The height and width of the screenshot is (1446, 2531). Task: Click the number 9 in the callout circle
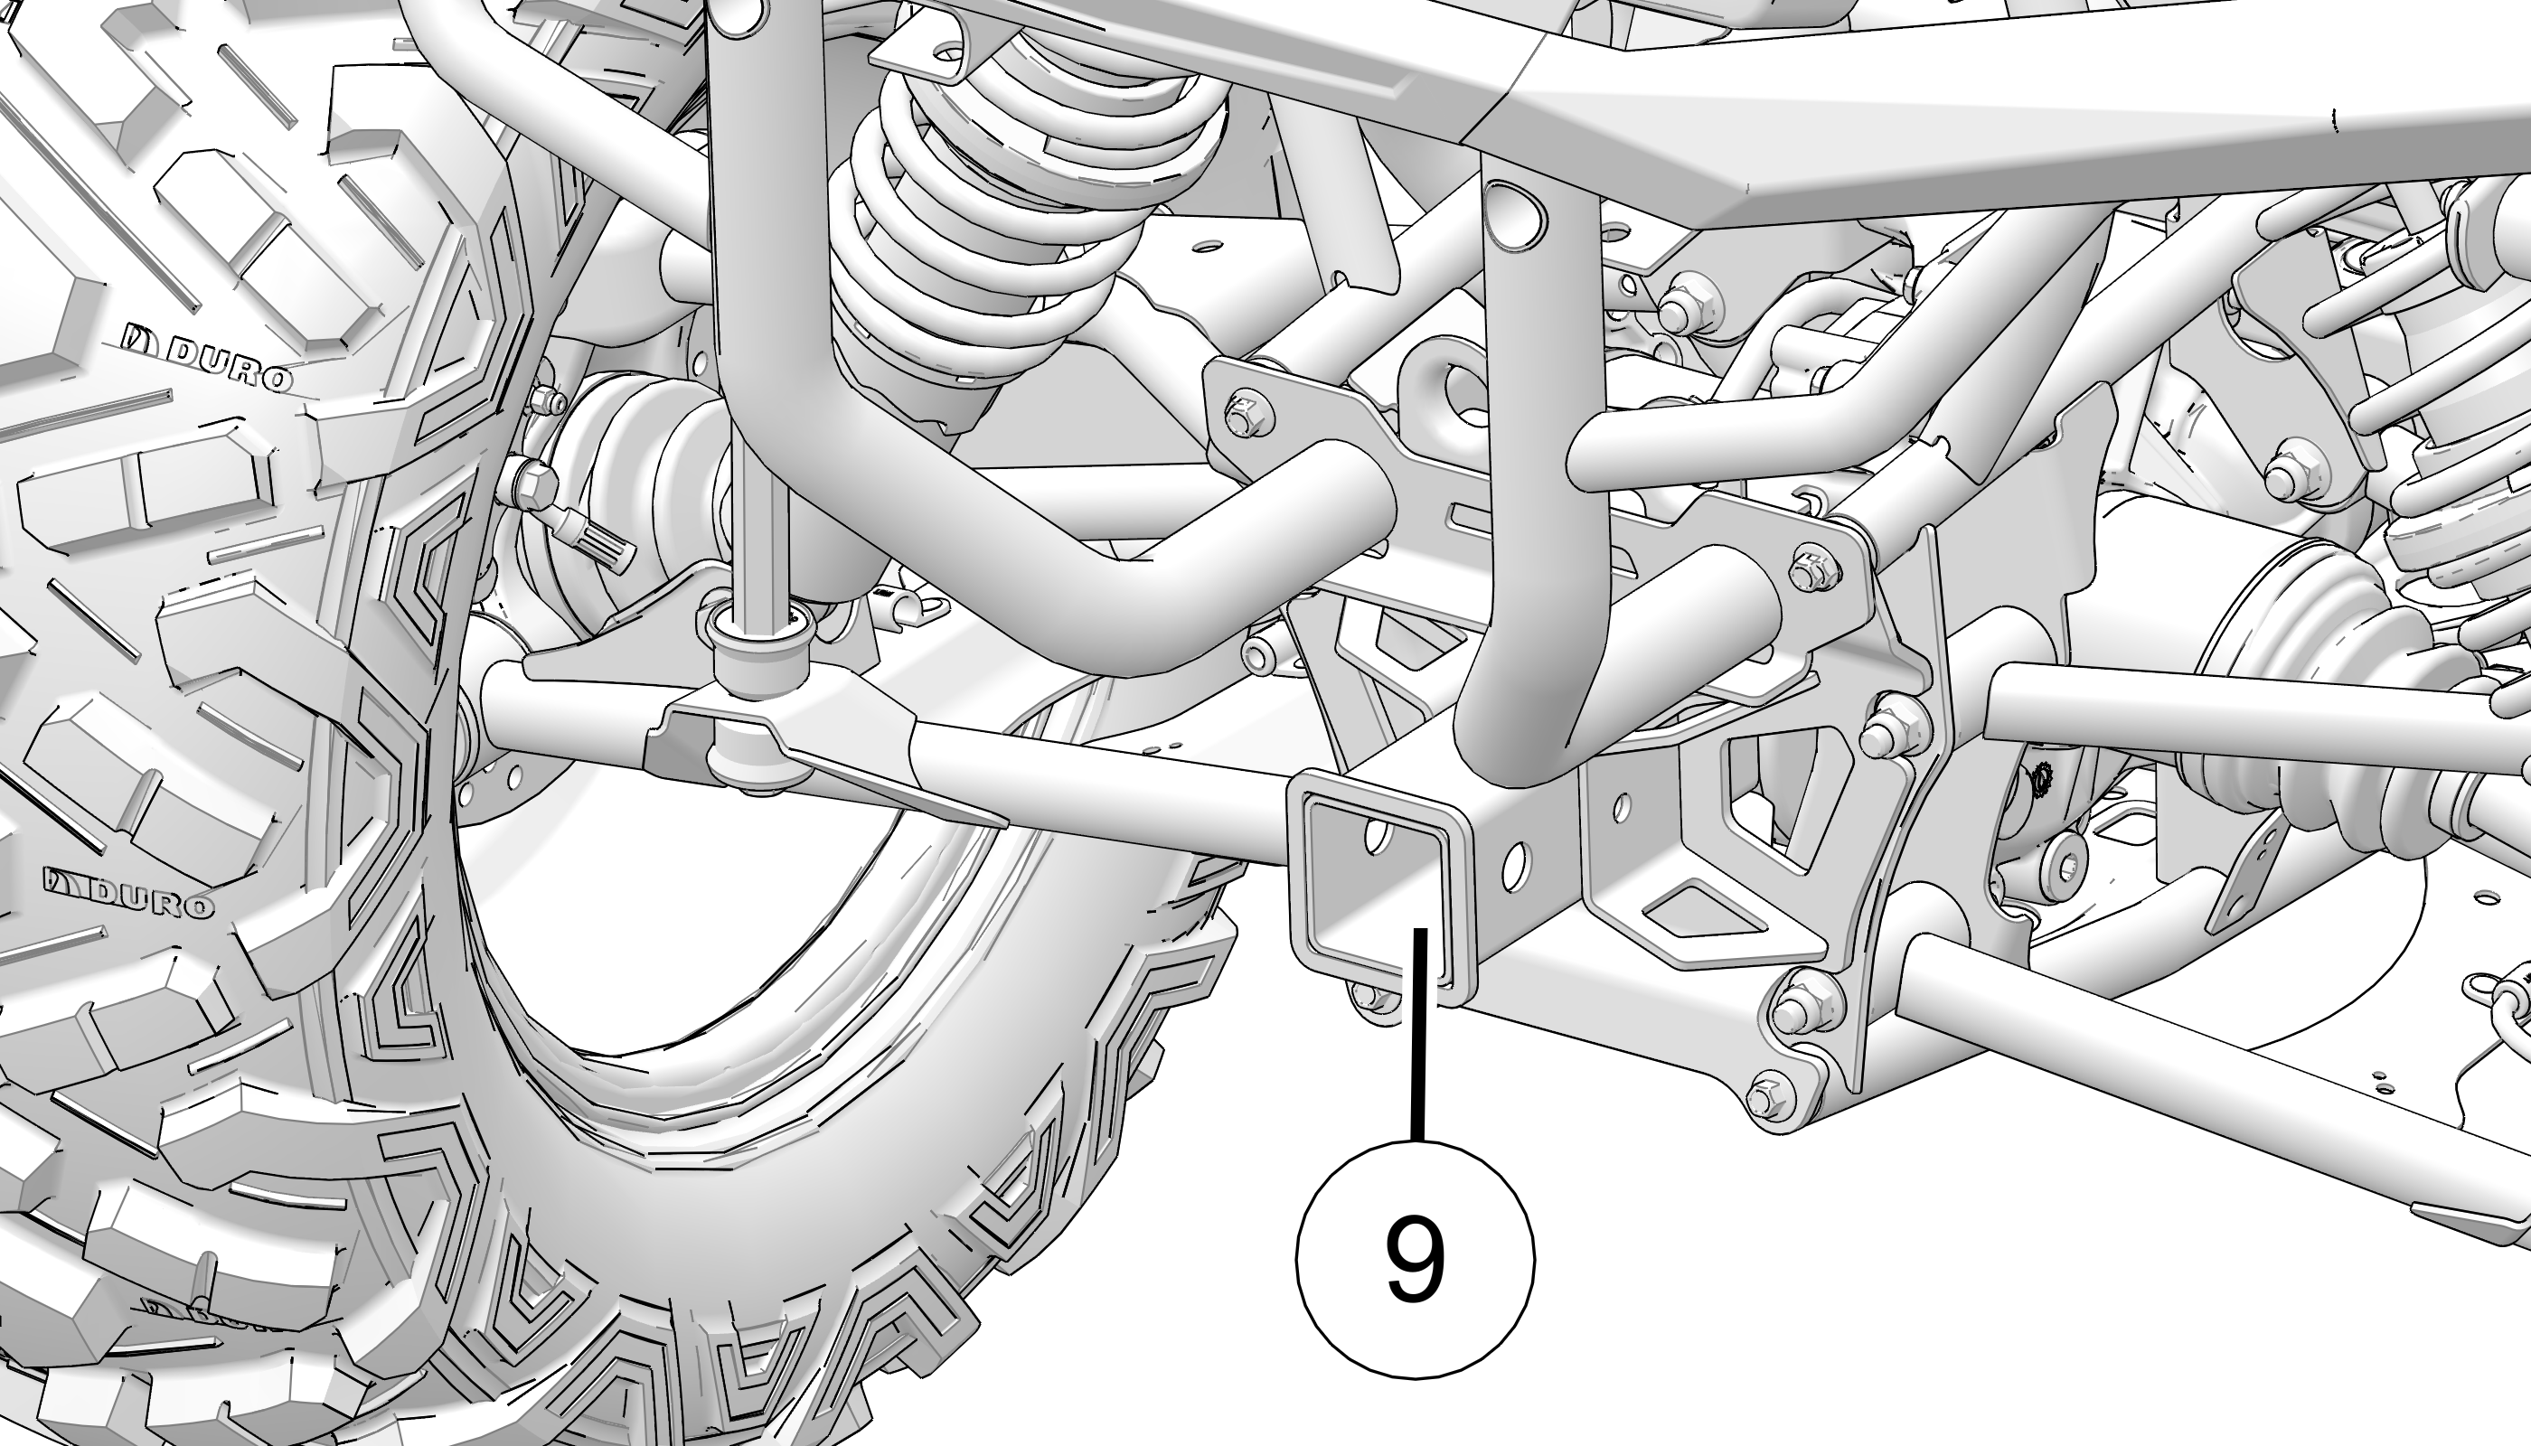click(x=1415, y=1258)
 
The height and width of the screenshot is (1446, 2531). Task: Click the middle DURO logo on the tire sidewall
click(x=129, y=892)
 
